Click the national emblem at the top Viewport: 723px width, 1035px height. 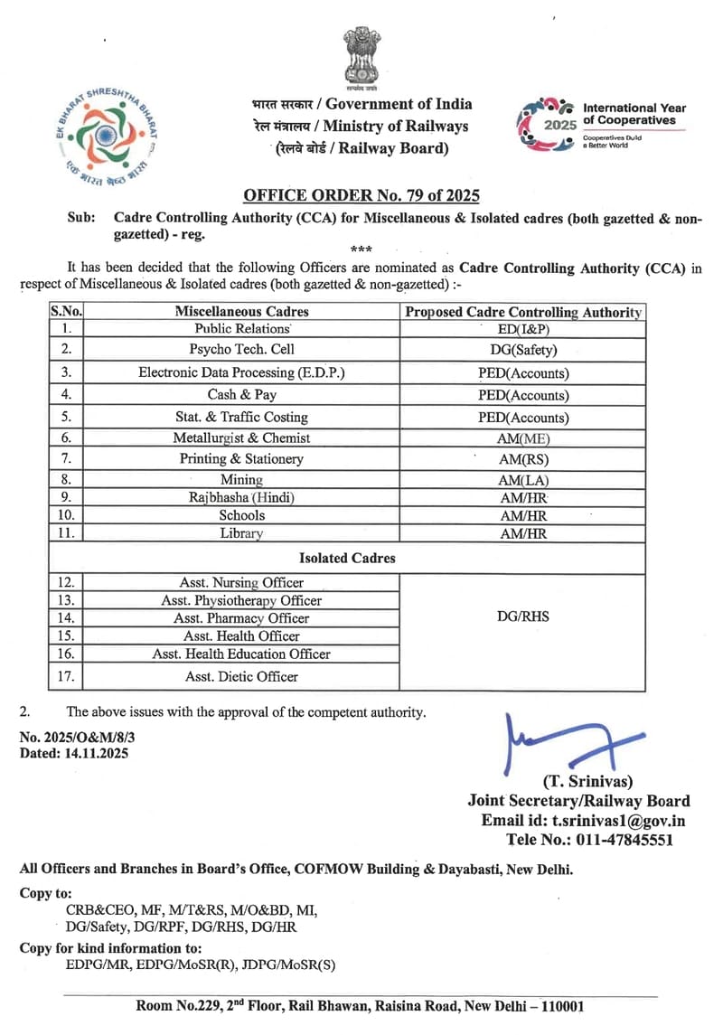click(361, 59)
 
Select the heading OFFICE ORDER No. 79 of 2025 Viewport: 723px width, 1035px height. click(361, 195)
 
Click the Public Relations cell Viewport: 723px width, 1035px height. click(241, 330)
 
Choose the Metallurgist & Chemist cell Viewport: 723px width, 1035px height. click(241, 438)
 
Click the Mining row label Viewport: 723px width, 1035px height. click(241, 479)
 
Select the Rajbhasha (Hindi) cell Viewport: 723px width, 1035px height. click(241, 497)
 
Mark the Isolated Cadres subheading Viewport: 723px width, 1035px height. click(348, 558)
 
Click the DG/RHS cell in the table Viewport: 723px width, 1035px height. click(523, 617)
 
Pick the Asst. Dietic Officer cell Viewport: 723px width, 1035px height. click(241, 676)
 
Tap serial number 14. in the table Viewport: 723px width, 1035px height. click(67, 618)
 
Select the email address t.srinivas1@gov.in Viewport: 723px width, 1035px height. click(618, 820)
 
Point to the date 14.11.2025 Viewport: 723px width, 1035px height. click(95, 753)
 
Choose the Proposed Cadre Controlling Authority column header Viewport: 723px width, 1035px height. click(523, 312)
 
